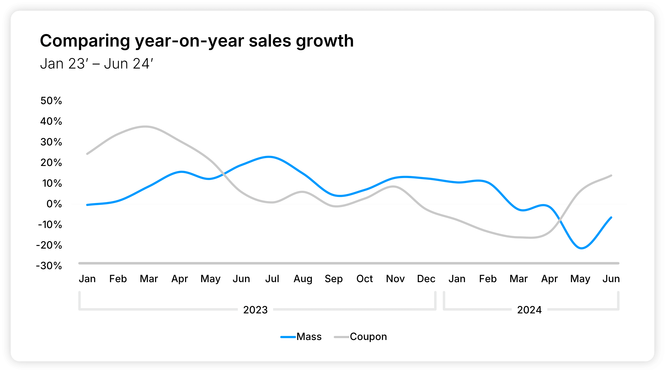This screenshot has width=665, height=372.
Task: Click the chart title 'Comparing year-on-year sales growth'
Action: [197, 41]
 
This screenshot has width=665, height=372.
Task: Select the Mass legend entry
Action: [301, 337]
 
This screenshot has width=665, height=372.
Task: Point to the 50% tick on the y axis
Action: [51, 101]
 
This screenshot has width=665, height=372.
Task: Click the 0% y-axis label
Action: [54, 204]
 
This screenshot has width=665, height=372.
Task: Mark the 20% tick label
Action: [51, 163]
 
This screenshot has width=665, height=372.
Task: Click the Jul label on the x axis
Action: [272, 279]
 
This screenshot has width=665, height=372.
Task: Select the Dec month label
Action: [426, 279]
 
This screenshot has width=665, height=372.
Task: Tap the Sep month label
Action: [334, 279]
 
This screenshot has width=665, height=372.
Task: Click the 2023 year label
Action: [255, 310]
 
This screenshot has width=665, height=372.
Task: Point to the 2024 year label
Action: [529, 310]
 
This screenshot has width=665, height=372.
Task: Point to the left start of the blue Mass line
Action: [87, 205]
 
